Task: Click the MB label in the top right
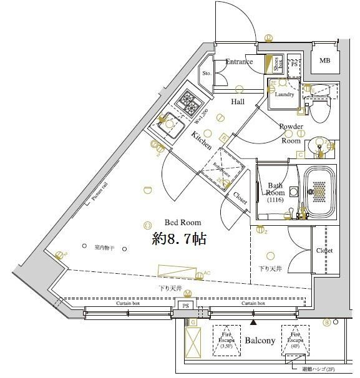(x=325, y=61)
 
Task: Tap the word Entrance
(x=239, y=62)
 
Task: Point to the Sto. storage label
(x=207, y=73)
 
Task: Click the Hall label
(x=238, y=102)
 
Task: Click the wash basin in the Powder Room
(x=321, y=147)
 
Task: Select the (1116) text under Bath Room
(x=275, y=201)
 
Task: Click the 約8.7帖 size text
(x=179, y=238)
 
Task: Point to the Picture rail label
(x=100, y=190)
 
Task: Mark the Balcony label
(x=260, y=341)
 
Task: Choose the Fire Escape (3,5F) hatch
(x=227, y=341)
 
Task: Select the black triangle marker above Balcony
(x=253, y=323)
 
